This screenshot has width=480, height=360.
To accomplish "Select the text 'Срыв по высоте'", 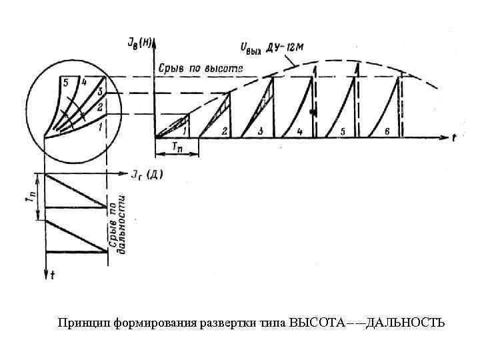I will click(x=201, y=69).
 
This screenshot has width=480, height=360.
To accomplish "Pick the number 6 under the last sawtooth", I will click(x=387, y=131).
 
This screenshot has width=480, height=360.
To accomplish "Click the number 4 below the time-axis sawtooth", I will click(x=299, y=131).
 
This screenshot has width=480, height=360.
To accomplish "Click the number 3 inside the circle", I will click(x=100, y=91).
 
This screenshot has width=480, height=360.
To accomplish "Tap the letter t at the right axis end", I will click(x=454, y=139).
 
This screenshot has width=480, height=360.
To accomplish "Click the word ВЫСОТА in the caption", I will click(x=318, y=323).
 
